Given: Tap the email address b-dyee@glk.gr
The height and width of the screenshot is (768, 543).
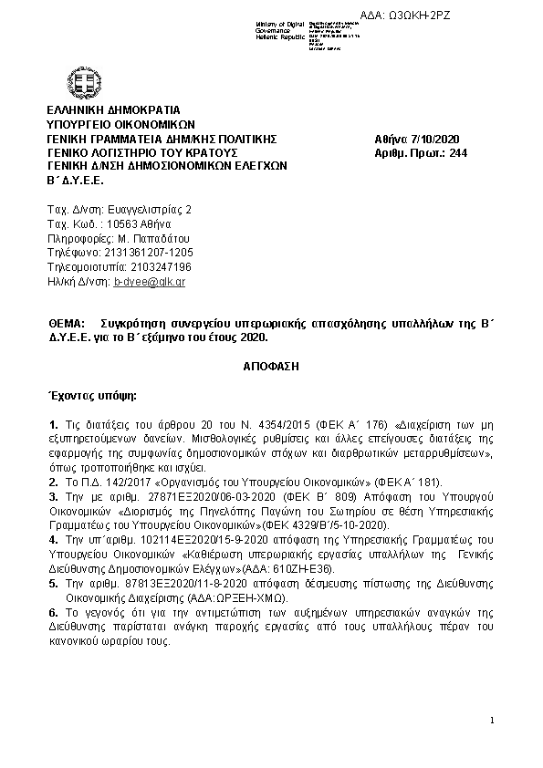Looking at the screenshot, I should (150, 283).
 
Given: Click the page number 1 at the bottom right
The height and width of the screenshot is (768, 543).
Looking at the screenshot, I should (491, 721).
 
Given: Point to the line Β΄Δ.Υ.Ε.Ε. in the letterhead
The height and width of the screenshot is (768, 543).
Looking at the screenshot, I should (76, 180).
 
